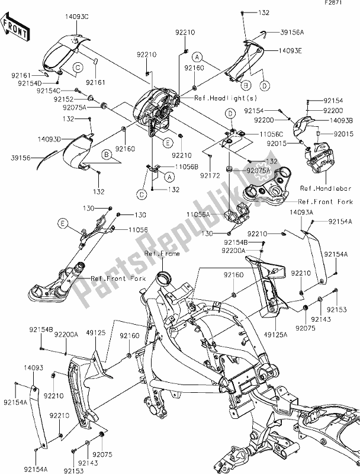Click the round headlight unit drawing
coord(153,105)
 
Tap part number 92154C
coord(49,91)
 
